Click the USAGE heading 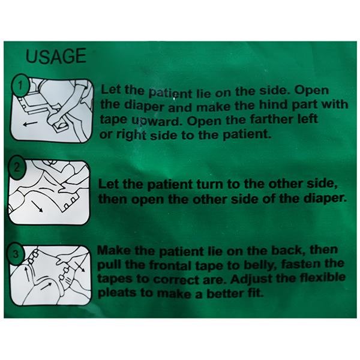pos(56,56)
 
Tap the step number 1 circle pos(20,85)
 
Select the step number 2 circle pos(17,167)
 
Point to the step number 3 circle pos(16,254)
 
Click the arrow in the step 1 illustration pos(30,124)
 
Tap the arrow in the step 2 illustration pos(37,206)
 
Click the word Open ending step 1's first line pos(311,90)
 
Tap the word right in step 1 pos(131,135)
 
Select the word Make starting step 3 pos(114,250)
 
